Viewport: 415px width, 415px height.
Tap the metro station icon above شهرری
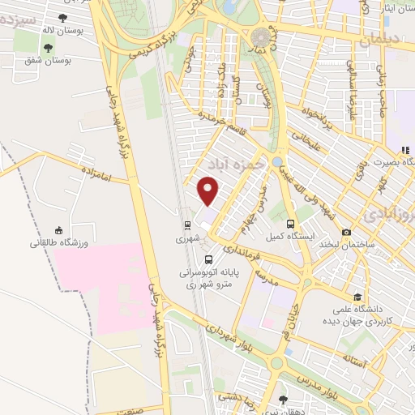coord(188,225)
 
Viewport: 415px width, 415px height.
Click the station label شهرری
coord(186,239)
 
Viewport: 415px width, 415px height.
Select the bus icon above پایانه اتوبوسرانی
coord(210,259)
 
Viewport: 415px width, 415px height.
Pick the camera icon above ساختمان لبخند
coord(347,232)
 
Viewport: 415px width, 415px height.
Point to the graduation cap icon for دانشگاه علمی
coord(358,297)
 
